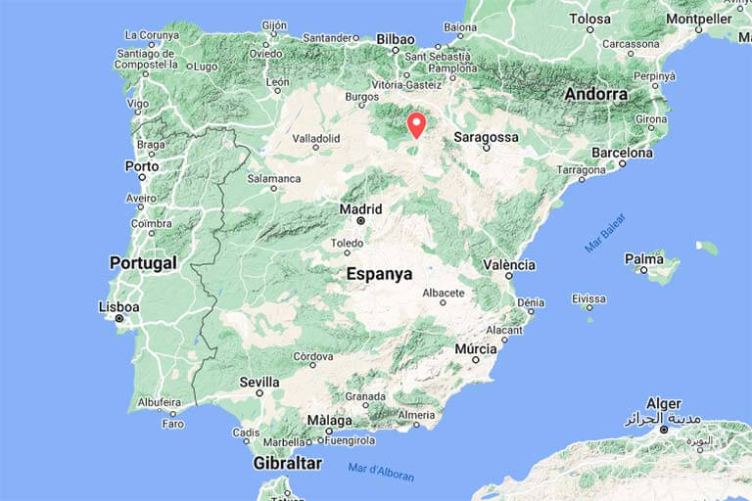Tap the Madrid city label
[x=359, y=208]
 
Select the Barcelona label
[x=622, y=153]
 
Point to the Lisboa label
[x=118, y=306]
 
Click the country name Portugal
[x=143, y=263]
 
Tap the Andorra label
[x=595, y=94]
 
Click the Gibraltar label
[x=287, y=463]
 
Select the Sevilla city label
[x=258, y=382]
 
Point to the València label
[x=509, y=265]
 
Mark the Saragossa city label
[x=487, y=138]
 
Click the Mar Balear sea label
[x=605, y=233]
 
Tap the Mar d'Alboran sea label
[x=381, y=472]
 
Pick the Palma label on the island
[x=645, y=259]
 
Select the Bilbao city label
[x=397, y=39]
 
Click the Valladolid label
[x=314, y=139]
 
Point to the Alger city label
[x=663, y=403]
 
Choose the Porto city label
[x=142, y=166]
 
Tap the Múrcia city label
[x=476, y=348]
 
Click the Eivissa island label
[x=588, y=298]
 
